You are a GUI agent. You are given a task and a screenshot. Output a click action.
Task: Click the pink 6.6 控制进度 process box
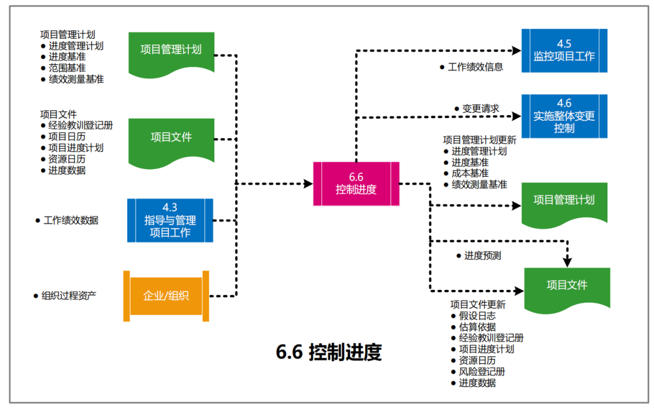(356, 184)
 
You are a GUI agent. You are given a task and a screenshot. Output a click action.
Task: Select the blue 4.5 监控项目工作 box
(564, 50)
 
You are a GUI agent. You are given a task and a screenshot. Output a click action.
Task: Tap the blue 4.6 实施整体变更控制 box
(564, 116)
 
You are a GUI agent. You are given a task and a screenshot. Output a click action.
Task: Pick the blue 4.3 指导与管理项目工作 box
(170, 220)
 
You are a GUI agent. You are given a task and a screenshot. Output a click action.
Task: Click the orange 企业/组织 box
(166, 296)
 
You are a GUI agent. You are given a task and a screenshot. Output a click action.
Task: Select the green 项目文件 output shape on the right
(567, 286)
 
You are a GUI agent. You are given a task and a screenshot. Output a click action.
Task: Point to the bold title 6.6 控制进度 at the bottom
(329, 352)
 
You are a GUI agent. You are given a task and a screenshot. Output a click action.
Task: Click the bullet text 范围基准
(67, 68)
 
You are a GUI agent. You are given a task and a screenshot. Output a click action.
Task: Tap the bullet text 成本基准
(470, 173)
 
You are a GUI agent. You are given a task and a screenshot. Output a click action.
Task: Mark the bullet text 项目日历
(67, 136)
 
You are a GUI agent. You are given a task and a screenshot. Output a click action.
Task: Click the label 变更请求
(481, 108)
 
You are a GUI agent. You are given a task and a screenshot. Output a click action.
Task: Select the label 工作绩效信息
(475, 67)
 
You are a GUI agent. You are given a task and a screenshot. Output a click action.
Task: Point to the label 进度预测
(483, 256)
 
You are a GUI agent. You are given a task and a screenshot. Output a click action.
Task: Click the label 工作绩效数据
(71, 220)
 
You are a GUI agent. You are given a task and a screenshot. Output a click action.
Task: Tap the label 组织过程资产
(69, 296)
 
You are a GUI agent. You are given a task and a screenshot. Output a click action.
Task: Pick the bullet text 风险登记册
(482, 371)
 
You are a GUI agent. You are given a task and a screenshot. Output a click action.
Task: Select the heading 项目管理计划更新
(480, 140)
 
